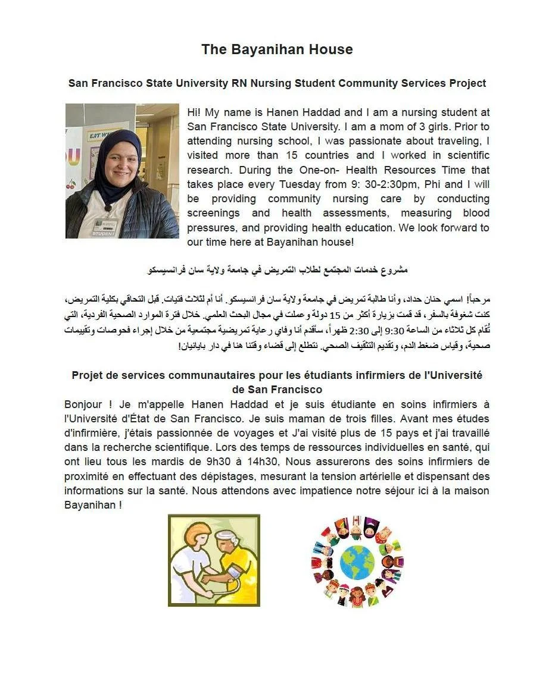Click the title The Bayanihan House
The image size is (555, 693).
[277, 49]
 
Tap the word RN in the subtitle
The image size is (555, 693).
[239, 83]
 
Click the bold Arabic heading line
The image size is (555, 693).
[277, 270]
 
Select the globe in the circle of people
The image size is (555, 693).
[357, 562]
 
